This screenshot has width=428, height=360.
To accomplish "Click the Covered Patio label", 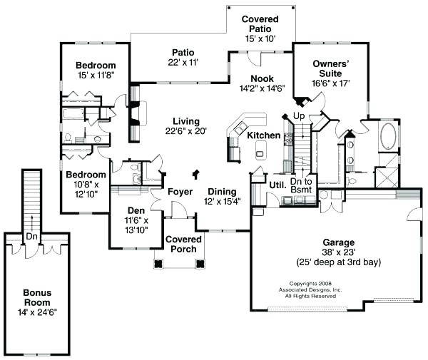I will [x=260, y=19].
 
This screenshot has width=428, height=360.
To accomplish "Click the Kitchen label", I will [x=263, y=135].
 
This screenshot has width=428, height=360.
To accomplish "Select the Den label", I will [x=136, y=210].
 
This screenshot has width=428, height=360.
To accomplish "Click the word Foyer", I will [x=180, y=192].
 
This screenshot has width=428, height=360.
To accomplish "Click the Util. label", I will [x=277, y=185].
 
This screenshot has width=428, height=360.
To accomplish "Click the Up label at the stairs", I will [x=298, y=115].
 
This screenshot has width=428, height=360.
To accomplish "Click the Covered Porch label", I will [x=183, y=245].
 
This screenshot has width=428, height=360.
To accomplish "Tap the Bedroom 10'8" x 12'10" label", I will [x=86, y=175].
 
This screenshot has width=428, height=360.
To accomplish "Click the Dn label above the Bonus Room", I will [x=31, y=236].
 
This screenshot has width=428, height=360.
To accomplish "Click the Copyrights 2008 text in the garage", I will [x=310, y=283].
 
